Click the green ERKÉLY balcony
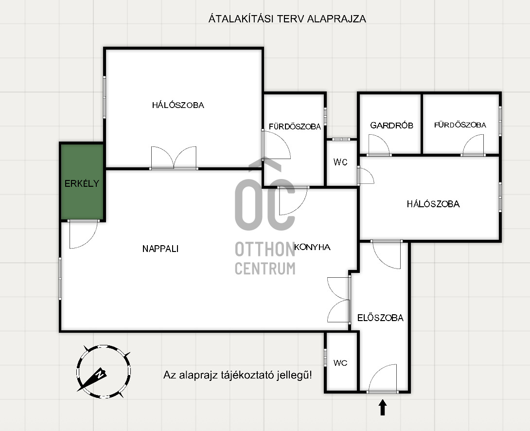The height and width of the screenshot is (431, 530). [82, 182]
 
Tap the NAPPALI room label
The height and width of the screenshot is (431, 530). [160, 249]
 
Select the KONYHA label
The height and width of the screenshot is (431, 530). [312, 247]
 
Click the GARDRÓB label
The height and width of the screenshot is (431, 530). [391, 126]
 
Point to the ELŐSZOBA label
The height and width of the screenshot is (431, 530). [380, 318]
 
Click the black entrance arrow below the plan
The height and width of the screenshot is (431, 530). [383, 407]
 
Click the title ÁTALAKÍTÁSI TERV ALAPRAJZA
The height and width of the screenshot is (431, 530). [287, 18]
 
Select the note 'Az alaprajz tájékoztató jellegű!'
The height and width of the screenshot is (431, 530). [238, 375]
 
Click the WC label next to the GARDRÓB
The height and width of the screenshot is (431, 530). [340, 162]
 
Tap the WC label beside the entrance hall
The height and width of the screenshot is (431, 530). [340, 363]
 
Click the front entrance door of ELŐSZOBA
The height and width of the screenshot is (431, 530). [383, 378]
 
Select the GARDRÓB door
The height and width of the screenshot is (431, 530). [379, 145]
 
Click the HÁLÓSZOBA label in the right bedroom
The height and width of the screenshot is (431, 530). [433, 204]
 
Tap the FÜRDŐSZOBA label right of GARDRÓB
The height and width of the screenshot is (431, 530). [460, 125]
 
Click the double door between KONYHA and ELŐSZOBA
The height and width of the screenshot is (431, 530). [339, 300]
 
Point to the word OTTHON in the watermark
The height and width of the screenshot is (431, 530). [265, 250]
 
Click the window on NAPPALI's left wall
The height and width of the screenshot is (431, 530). [60, 279]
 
